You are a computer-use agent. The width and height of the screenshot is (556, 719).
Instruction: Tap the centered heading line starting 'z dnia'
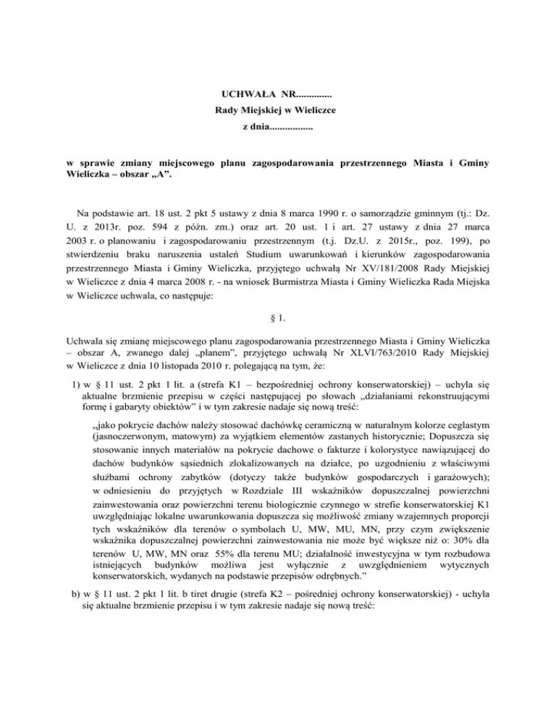[x=278, y=127]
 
